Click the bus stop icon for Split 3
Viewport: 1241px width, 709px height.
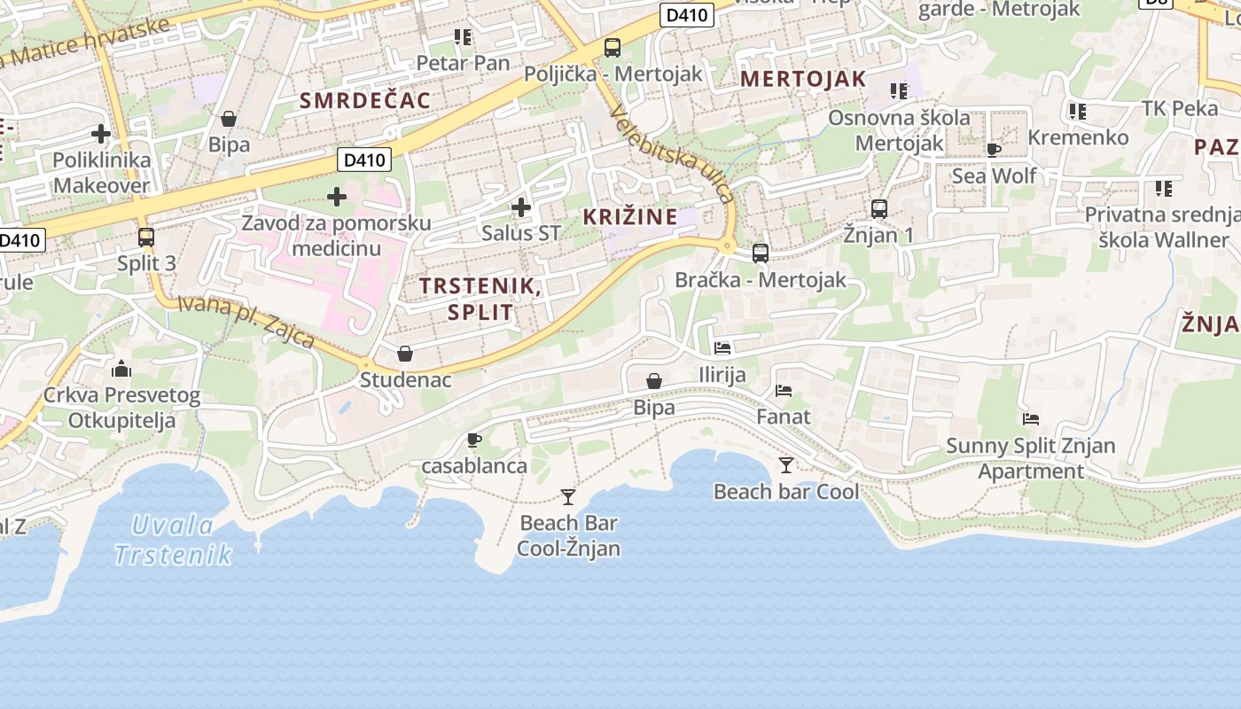(x=146, y=238)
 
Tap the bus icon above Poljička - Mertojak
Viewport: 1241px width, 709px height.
(x=613, y=48)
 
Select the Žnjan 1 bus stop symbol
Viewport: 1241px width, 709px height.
(x=878, y=209)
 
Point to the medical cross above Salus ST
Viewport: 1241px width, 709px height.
(x=521, y=207)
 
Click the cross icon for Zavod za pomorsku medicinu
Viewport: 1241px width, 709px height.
(x=336, y=196)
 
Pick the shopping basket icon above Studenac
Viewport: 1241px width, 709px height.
(x=405, y=354)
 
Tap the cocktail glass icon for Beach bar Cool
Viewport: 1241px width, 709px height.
(x=785, y=465)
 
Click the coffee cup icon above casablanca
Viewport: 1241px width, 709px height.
(x=474, y=440)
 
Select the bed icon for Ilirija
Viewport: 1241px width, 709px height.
(x=722, y=348)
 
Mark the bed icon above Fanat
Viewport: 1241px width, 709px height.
(x=783, y=390)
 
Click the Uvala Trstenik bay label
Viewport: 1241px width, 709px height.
(x=173, y=541)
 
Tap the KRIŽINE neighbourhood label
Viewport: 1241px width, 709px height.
(x=630, y=216)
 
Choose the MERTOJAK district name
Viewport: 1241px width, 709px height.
(x=803, y=79)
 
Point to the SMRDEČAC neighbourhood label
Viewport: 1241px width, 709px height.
(x=365, y=100)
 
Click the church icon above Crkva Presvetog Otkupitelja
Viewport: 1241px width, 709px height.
(x=121, y=369)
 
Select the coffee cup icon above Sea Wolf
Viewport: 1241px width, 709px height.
(x=994, y=150)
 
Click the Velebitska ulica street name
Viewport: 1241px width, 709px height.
(x=674, y=154)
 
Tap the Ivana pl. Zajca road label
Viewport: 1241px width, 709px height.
(x=246, y=321)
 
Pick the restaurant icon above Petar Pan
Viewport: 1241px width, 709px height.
(x=463, y=37)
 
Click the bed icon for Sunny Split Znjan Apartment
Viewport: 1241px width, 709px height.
(x=1030, y=419)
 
